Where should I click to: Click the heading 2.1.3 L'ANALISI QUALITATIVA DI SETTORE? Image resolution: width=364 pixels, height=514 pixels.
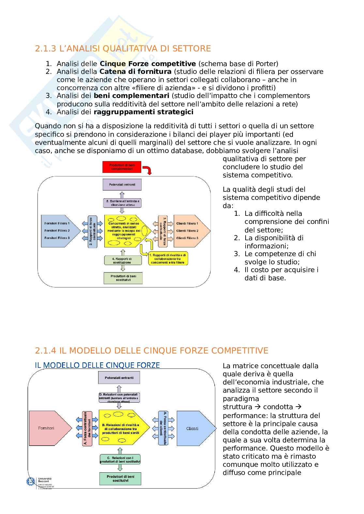[123, 49]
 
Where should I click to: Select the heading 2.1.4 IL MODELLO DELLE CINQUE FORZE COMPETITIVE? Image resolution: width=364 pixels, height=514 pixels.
[151, 350]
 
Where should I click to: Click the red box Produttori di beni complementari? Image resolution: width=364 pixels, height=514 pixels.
[122, 167]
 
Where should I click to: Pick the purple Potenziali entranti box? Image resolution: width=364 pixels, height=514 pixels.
[122, 185]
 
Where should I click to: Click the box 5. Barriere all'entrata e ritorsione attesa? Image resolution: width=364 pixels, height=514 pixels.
[122, 203]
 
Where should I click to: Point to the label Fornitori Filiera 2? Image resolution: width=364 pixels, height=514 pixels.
[57, 230]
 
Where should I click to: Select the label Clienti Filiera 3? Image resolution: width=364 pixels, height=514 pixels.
[187, 238]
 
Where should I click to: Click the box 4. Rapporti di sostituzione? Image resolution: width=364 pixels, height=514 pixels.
[122, 260]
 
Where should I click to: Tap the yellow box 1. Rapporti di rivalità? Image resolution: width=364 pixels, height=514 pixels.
[168, 258]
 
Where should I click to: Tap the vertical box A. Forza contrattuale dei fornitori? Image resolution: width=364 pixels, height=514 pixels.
[87, 428]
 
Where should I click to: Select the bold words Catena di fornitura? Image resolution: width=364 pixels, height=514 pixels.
[135, 71]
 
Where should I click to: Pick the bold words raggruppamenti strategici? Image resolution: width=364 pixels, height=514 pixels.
[144, 112]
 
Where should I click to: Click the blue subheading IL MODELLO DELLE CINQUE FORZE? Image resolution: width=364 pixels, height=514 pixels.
[97, 365]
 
